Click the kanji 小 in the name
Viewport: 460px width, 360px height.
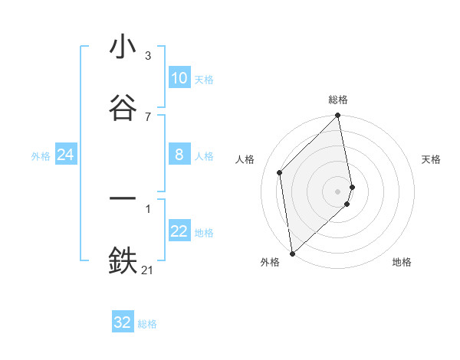(123, 48)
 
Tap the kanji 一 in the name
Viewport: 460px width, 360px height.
(123, 198)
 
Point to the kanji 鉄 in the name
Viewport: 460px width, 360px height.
(123, 260)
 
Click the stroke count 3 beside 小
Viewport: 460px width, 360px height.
(148, 56)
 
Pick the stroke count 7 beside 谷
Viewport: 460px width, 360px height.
(148, 116)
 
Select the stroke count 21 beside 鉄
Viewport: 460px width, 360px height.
(148, 269)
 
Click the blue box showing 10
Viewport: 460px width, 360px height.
(179, 78)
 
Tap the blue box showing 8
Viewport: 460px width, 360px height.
(179, 155)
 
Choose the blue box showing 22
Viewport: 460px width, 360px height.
(179, 231)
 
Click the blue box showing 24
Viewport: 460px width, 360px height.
(65, 155)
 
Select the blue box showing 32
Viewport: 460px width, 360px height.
(123, 322)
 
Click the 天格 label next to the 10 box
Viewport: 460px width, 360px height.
(204, 80)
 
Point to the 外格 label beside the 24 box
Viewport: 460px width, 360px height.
(41, 156)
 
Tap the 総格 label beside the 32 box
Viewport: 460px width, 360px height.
(147, 324)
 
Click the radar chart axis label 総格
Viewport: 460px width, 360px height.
(338, 100)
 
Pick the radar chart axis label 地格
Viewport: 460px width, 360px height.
(402, 262)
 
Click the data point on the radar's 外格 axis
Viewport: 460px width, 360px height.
(292, 253)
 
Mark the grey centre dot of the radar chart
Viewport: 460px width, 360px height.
(338, 191)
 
